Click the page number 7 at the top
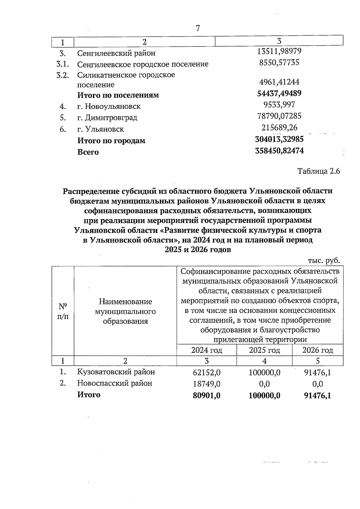198,28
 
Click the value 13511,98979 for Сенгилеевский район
279,51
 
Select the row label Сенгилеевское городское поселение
142,64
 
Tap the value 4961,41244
279,82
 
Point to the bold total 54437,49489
279,93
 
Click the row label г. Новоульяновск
109,106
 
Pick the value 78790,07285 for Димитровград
279,116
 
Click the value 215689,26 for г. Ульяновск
279,128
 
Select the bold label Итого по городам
111,141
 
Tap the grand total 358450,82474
279,150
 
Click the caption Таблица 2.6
318,171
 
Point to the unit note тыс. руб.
324,260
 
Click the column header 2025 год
264,350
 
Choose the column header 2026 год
317,350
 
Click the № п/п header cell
63,311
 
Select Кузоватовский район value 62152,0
207,373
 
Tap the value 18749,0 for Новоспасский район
207,384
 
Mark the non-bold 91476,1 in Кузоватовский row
317,373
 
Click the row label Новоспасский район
115,383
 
